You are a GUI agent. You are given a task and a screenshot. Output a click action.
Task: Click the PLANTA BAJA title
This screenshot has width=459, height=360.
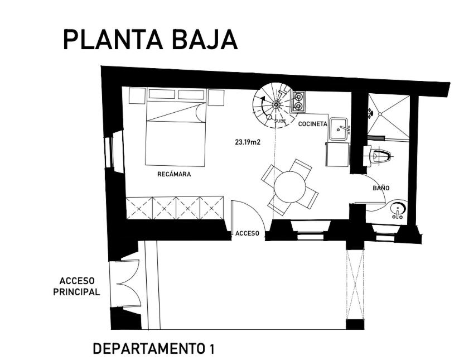(150, 40)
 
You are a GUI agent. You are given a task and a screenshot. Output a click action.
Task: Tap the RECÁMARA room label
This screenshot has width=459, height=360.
(174, 174)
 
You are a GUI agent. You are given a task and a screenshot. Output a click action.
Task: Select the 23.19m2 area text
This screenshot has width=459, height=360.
(248, 142)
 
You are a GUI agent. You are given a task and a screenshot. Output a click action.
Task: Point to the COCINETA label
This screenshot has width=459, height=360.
(313, 124)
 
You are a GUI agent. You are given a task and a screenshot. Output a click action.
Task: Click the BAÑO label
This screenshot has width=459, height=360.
(381, 188)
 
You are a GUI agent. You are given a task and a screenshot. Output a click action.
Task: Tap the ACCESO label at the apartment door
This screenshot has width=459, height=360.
(248, 233)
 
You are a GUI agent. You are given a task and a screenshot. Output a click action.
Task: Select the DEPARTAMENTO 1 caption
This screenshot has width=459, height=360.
(154, 349)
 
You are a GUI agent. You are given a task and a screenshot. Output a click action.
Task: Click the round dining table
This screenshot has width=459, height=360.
(290, 187)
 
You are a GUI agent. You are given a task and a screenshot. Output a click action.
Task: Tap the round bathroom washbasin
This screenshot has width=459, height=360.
(398, 209)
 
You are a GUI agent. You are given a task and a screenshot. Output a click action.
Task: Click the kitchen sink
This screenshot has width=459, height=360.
(339, 129)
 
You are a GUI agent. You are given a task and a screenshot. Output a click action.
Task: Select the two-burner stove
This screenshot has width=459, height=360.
(298, 102)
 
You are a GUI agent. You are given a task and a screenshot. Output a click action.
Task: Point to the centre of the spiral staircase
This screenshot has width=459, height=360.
(276, 104)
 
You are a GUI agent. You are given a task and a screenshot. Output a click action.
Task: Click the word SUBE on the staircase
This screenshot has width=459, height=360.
(280, 121)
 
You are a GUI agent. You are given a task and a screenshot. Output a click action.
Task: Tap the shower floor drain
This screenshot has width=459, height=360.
(380, 114)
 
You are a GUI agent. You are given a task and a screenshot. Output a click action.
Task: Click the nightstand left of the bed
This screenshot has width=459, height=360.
(137, 95)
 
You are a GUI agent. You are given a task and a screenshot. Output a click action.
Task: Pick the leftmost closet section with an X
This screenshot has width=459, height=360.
(139, 208)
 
